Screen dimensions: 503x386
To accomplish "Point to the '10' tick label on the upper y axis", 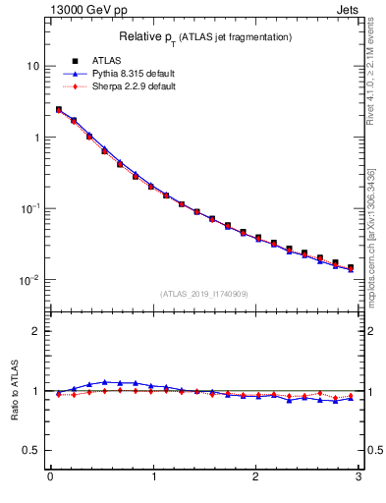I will click(x=32, y=66).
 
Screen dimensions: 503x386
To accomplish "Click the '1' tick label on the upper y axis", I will click(x=35, y=138).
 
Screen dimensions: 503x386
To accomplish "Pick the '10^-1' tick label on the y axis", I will click(x=29, y=208).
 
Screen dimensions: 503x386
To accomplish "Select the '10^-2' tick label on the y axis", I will click(x=29, y=280).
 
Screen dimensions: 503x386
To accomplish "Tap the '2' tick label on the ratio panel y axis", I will click(x=35, y=331).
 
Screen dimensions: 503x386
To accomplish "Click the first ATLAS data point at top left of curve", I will click(x=59, y=110).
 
